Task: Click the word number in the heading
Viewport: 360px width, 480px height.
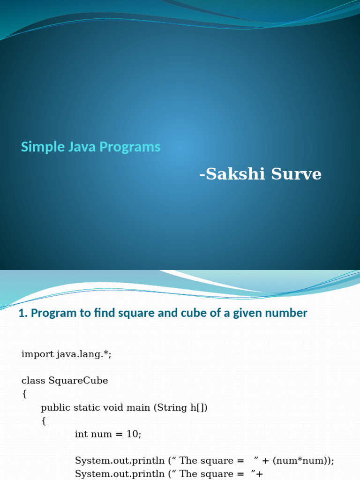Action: [x=285, y=313]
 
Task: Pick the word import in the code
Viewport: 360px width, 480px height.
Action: [x=37, y=354]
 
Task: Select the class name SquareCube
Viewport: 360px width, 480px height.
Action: [x=78, y=381]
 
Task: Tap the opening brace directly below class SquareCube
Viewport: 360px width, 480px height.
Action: [x=24, y=394]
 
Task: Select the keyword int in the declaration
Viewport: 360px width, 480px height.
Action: [x=81, y=434]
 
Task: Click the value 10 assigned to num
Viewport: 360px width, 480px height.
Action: [x=132, y=434]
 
